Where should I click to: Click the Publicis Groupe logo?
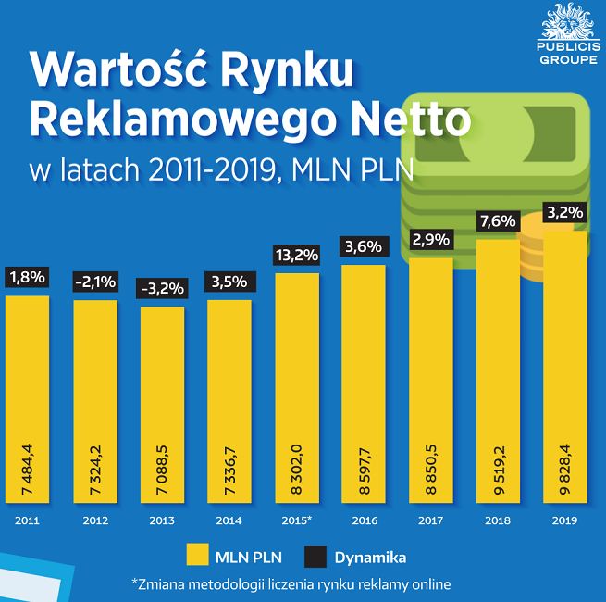pos(568,35)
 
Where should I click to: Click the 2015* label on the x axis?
pos(295,520)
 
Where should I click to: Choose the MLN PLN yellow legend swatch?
pos(199,556)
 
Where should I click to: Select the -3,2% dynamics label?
pos(162,288)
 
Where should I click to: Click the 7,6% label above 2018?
pos(498,221)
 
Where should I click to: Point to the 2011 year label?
pos(28,520)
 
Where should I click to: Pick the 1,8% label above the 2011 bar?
pos(28,276)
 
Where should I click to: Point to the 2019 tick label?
pos(564,520)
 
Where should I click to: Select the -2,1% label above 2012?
pos(95,282)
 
